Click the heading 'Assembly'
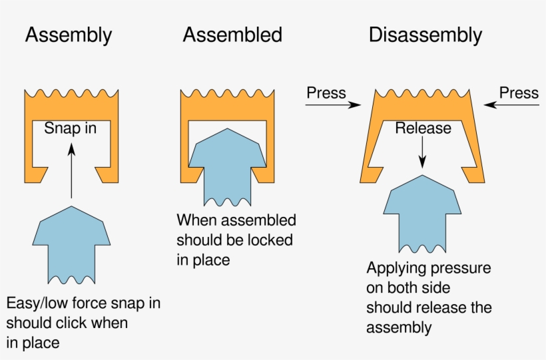(x=69, y=35)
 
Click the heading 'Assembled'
(x=232, y=35)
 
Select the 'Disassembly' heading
(x=425, y=35)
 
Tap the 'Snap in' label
(x=71, y=128)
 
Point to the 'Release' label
(x=423, y=128)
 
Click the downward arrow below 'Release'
(x=423, y=154)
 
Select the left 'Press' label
(x=326, y=92)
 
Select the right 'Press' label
(x=519, y=92)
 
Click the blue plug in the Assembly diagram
(x=71, y=243)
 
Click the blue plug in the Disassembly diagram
(x=422, y=213)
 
